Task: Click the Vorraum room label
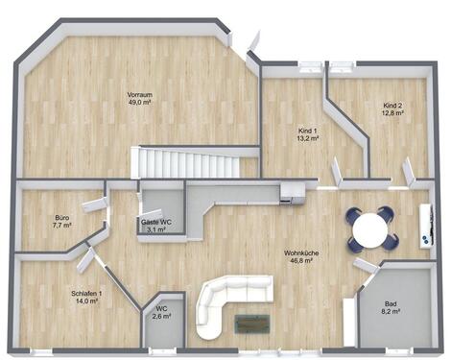pos(141,94)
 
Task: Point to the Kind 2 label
pos(392,105)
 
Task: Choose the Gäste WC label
pos(156,222)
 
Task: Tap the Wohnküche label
pos(301,253)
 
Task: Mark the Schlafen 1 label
pos(86,293)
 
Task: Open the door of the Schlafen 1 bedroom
pos(86,258)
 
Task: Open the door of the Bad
pos(366,266)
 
